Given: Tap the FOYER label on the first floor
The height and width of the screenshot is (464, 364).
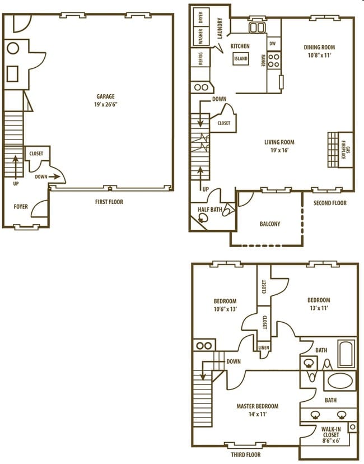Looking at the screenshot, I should point(20,207).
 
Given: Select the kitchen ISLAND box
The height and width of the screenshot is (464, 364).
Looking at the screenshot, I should point(241,58).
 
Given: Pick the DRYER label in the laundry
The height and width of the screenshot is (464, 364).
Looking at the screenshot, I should point(200,16).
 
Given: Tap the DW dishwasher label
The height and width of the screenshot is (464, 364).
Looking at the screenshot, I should point(272,43).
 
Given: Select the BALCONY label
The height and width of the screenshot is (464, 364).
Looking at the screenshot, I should point(270,224).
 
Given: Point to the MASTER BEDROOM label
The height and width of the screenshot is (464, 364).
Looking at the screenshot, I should point(258,406).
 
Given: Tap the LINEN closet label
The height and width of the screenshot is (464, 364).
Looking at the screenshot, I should point(263,348).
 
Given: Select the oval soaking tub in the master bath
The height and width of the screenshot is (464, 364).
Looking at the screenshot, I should point(339,381).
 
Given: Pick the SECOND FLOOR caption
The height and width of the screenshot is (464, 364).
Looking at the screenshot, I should point(329,203).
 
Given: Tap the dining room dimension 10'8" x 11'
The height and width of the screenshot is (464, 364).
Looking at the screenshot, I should point(319,55).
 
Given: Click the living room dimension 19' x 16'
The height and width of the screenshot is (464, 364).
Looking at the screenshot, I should point(279,150).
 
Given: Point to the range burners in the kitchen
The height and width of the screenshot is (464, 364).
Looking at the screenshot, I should point(273,60).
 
